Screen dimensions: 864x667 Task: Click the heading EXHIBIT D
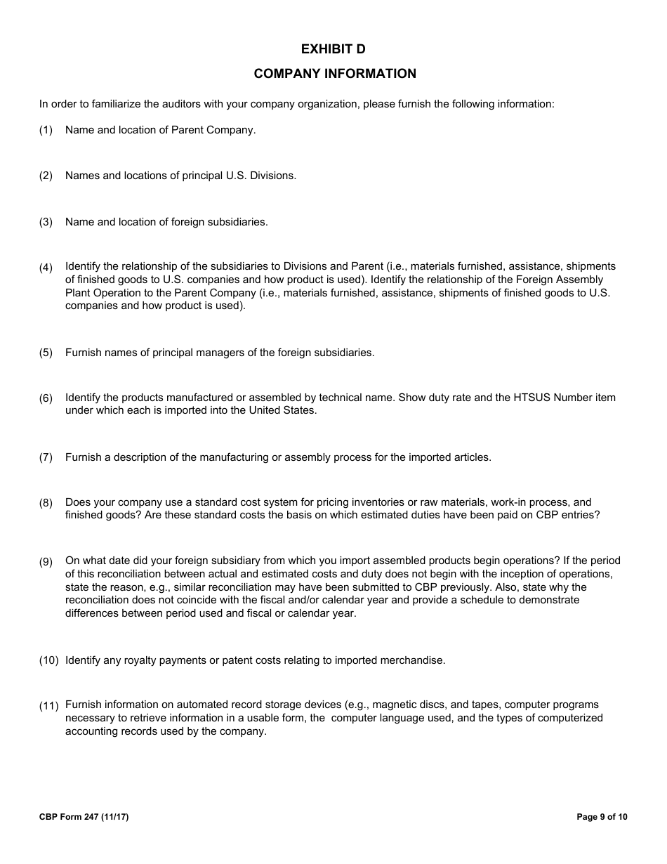pyautogui.click(x=333, y=49)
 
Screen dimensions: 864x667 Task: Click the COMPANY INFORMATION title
pyautogui.click(x=335, y=74)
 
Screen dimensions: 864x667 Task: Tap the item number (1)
pyautogui.click(x=46, y=131)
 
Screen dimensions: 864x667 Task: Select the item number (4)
pyautogui.click(x=46, y=268)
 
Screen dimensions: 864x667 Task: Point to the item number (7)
pyautogui.click(x=46, y=458)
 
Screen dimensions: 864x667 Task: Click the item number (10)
pyautogui.click(x=48, y=661)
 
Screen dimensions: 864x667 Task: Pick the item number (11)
pyautogui.click(x=48, y=706)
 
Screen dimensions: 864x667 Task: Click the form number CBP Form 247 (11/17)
pyautogui.click(x=84, y=817)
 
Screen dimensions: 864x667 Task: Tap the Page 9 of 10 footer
pyautogui.click(x=602, y=817)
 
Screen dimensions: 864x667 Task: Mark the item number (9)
pyautogui.click(x=46, y=562)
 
